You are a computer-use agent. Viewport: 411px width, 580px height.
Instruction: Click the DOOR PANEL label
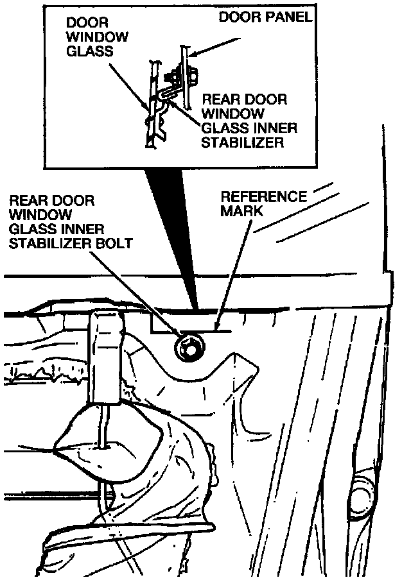coord(265,17)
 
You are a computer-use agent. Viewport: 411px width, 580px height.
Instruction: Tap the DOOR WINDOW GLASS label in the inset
coord(98,37)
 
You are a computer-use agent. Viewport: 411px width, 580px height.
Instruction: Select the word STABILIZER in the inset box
coord(243,142)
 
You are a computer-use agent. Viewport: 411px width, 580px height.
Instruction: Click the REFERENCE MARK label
coord(264,204)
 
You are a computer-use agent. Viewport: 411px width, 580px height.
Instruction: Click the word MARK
coord(242,211)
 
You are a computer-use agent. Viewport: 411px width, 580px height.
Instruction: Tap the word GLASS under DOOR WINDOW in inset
coord(90,51)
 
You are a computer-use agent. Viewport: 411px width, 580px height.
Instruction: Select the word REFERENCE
coord(264,197)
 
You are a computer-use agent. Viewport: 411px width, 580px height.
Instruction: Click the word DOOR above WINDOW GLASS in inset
coord(87,22)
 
